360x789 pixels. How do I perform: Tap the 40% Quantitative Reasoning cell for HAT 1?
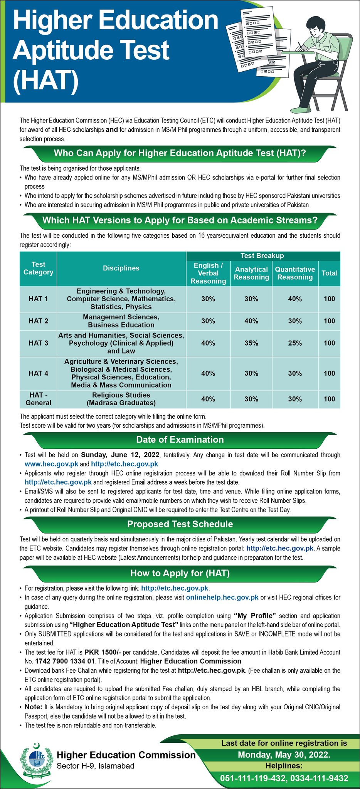coord(295,299)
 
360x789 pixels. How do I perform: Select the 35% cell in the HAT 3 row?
coord(251,343)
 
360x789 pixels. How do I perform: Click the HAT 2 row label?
coord(38,321)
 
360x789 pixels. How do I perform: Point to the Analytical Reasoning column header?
coord(251,273)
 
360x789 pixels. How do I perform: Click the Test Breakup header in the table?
coord(262,256)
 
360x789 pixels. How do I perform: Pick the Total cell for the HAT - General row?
coord(329,399)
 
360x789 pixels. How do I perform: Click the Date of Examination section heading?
coord(180,440)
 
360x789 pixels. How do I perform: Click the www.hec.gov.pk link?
coord(51,464)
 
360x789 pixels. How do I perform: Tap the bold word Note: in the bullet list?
coord(33,707)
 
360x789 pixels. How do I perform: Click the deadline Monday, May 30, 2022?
coord(284,755)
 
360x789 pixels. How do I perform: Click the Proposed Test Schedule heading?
coord(180,524)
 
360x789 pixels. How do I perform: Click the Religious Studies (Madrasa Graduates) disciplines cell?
coord(121,399)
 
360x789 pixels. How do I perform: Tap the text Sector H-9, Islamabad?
coord(95,766)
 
